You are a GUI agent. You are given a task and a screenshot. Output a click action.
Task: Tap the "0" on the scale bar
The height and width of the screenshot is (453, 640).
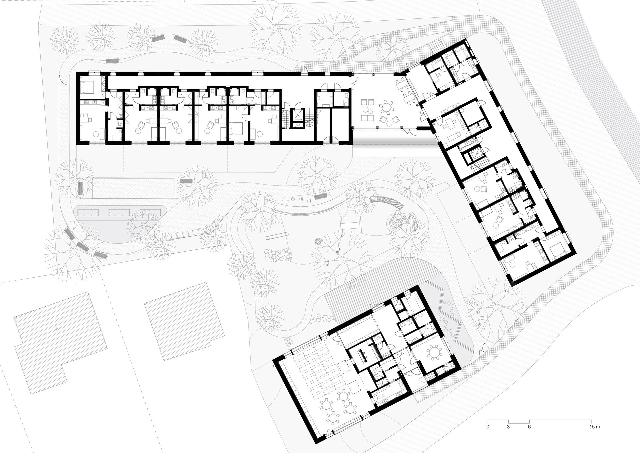tap(488, 427)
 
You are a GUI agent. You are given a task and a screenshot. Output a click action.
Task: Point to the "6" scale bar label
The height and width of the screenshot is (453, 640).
tap(529, 427)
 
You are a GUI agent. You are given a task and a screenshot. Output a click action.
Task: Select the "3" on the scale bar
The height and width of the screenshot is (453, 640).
tap(509, 427)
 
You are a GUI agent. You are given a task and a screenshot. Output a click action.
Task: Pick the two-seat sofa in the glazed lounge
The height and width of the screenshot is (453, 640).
tap(368, 119)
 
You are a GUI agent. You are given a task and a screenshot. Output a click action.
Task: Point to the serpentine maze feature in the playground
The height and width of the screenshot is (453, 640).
tap(404, 220)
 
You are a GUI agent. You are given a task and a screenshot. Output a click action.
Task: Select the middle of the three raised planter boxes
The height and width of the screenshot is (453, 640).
tap(119, 212)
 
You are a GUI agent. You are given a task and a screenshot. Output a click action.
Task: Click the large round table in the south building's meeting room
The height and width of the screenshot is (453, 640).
tap(434, 353)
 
